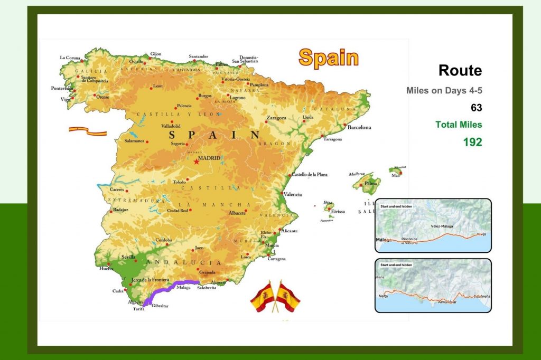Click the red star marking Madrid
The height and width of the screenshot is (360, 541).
coord(197,162)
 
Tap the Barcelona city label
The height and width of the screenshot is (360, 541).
coord(359,127)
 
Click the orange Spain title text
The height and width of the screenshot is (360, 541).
coord(328,58)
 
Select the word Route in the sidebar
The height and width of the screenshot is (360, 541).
coord(460,70)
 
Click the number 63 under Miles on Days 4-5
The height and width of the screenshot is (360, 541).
coord(476,108)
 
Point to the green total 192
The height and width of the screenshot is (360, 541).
coord(472,142)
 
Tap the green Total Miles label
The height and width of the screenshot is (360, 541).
coord(459,125)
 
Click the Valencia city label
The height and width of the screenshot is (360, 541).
coord(293,194)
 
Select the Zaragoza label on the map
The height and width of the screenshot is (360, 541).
coord(276,118)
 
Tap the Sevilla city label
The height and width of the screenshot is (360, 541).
coord(129,257)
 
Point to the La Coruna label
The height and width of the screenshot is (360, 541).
coord(70,58)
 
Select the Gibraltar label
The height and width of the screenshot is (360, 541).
coord(160,306)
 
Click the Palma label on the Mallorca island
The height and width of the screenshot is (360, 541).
coord(371,184)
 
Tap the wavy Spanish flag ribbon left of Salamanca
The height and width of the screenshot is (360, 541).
coord(87,130)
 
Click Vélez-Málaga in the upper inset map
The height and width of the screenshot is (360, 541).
coord(442,226)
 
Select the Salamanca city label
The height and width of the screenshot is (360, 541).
coord(135,141)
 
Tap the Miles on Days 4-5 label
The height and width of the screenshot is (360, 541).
coord(444,91)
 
